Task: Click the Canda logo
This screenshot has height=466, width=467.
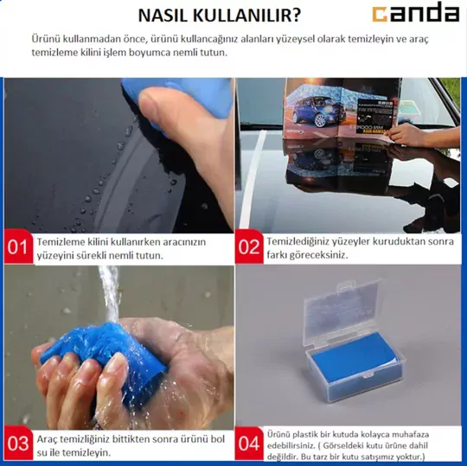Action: click(x=416, y=12)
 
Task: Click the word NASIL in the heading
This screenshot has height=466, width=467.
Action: click(x=163, y=16)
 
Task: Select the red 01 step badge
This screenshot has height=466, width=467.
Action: click(x=18, y=247)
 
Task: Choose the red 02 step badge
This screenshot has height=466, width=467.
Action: click(x=249, y=247)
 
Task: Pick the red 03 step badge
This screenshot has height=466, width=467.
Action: click(x=18, y=443)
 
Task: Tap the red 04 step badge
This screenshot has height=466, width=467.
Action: click(x=249, y=443)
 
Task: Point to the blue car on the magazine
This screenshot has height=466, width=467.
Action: click(x=317, y=111)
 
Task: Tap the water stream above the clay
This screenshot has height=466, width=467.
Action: click(x=111, y=293)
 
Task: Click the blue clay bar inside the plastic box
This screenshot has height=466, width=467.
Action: click(x=355, y=357)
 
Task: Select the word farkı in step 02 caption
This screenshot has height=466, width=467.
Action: click(x=277, y=255)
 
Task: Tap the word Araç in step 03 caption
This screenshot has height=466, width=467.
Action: click(x=47, y=440)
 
